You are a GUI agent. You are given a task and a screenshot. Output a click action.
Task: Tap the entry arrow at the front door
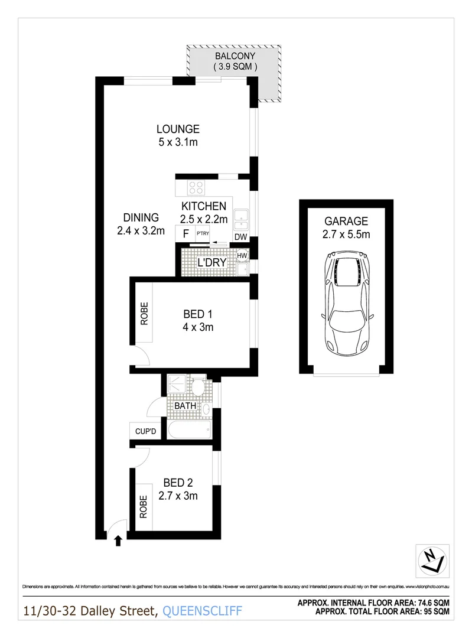pyautogui.click(x=118, y=539)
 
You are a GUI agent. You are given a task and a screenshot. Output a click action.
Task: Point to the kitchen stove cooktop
pyautogui.click(x=196, y=188)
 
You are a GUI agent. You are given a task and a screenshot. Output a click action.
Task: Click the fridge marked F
pyautogui.click(x=185, y=233)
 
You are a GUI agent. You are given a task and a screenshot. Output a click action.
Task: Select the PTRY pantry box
pyautogui.click(x=203, y=233)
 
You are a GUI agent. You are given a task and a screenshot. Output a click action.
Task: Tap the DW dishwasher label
pyautogui.click(x=240, y=237)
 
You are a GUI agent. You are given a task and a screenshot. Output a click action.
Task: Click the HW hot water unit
pyautogui.click(x=242, y=255)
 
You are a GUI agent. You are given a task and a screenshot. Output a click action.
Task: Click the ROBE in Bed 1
pyautogui.click(x=144, y=313)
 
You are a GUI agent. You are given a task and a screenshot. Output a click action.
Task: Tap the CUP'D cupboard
pyautogui.click(x=145, y=432)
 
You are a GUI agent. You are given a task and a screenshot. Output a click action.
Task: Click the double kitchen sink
pyautogui.click(x=241, y=219)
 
